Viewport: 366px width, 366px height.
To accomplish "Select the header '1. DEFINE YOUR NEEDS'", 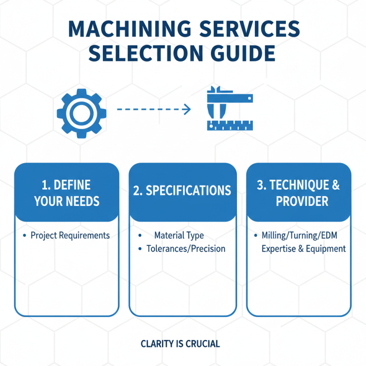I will (67, 193).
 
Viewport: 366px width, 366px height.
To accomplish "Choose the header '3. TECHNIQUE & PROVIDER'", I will (299, 193).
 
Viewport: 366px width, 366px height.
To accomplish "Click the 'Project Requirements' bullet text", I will (70, 236).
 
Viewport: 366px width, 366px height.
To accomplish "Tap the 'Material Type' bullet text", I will (179, 236).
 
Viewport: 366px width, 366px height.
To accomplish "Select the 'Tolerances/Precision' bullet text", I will (186, 249).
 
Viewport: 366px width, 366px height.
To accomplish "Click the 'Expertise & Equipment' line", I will (303, 249).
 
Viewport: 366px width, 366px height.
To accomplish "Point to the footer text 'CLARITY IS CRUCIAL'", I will (180, 344).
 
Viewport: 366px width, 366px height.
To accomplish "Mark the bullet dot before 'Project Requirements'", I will (24, 236).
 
